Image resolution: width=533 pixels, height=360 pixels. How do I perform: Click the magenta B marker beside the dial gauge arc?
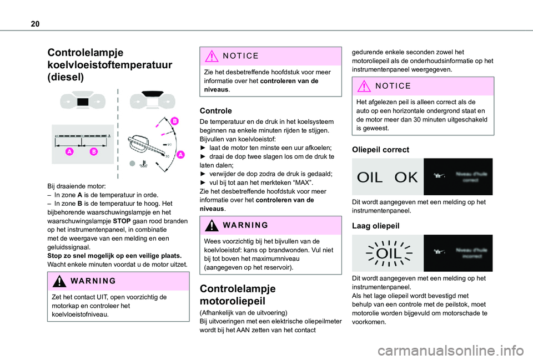(174, 121)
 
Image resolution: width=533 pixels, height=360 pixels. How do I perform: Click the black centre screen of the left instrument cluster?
(83, 102)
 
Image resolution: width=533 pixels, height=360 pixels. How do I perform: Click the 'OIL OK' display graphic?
(387, 177)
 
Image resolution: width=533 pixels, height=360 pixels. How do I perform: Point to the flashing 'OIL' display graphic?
(387, 253)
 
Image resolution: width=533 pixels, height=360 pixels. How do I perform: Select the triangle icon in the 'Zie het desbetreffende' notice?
(212, 56)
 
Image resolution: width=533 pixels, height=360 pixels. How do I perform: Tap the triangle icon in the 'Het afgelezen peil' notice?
(364, 86)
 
